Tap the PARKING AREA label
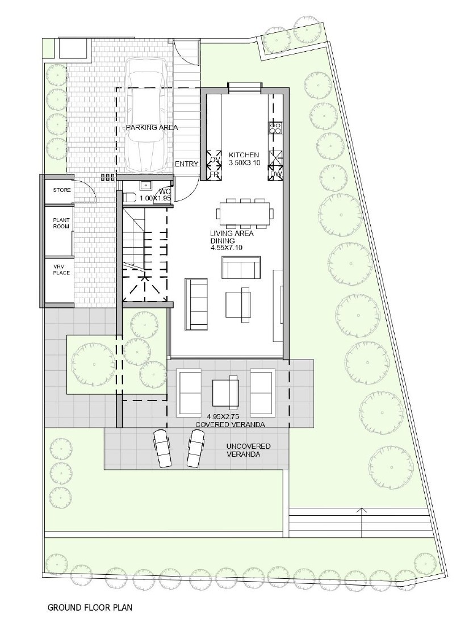[x=152, y=128]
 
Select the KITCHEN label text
[x=244, y=155]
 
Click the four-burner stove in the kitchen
[x=275, y=128]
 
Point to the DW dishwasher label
[x=275, y=175]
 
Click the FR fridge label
[x=214, y=176]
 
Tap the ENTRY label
[x=186, y=164]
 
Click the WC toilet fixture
[x=129, y=198]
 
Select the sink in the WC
[x=145, y=186]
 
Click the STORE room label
[x=61, y=190]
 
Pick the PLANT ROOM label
[x=61, y=223]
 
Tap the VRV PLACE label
[x=61, y=270]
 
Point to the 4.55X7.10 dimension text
[x=227, y=248]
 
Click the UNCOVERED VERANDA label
[x=248, y=450]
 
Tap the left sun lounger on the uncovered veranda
[x=162, y=448]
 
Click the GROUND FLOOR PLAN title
[x=90, y=608]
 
